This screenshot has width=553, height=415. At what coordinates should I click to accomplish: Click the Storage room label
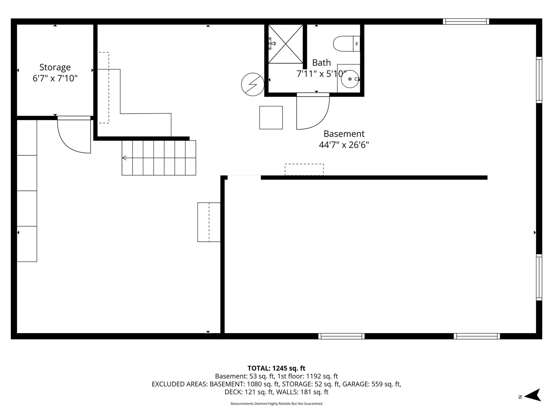coord(55,67)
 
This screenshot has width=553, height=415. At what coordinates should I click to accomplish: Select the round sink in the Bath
coord(350,79)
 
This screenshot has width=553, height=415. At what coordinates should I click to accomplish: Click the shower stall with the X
coord(285,44)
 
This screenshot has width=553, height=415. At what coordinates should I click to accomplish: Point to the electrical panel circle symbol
coord(253,84)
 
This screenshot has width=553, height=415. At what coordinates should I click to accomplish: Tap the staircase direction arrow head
coord(124,158)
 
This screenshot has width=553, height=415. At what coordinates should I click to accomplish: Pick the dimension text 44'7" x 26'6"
coord(344,145)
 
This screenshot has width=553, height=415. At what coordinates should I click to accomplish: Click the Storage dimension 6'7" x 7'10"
coord(55,78)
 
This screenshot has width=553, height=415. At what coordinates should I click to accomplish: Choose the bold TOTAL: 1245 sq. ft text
coord(276,368)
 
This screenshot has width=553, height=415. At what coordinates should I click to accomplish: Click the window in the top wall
coord(466,21)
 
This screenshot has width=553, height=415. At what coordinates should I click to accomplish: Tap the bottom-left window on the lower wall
coord(341,336)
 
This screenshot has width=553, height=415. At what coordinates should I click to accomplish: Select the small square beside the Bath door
coord(271,118)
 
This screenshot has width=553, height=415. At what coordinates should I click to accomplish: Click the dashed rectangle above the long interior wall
coord(304,169)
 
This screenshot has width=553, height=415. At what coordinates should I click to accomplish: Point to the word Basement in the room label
coord(344,134)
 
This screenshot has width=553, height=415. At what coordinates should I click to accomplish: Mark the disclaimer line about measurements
coord(276,404)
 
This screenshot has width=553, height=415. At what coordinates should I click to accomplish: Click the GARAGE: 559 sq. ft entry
coord(372,384)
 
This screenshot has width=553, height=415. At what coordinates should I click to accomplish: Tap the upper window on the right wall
coord(539,80)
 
